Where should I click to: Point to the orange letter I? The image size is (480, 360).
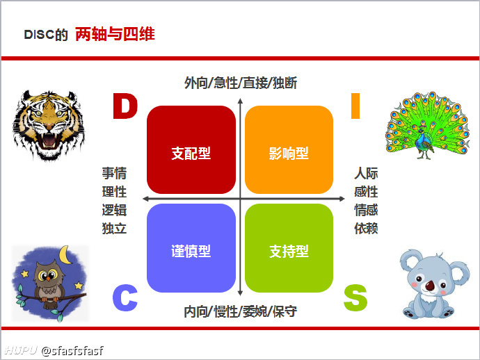click(355, 106)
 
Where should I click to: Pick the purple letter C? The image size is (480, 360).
click(125, 298)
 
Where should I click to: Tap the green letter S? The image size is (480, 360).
click(355, 298)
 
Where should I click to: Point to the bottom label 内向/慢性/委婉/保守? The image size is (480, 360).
click(240, 311)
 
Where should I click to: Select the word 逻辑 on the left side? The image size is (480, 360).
click(114, 210)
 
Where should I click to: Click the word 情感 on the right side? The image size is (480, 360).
click(366, 210)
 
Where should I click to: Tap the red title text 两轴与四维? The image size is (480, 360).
click(115, 33)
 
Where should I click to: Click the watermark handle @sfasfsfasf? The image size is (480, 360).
click(72, 350)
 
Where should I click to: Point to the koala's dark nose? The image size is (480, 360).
click(431, 284)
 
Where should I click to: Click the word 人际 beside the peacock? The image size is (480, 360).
click(366, 174)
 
